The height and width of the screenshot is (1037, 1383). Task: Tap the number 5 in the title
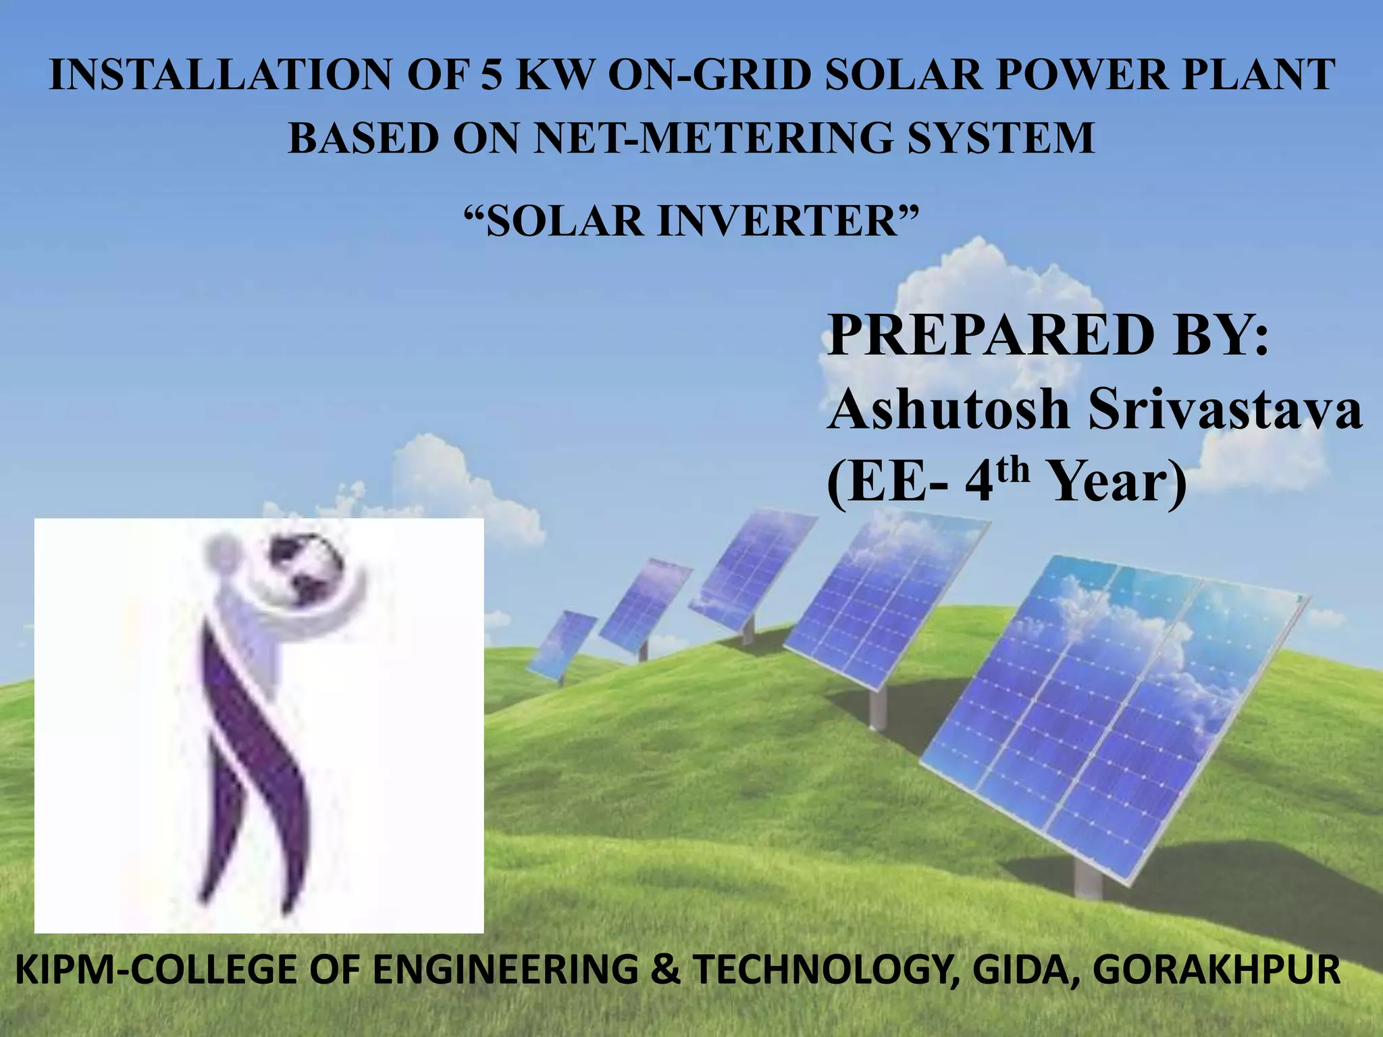pos(492,74)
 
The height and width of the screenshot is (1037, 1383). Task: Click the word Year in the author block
pos(1114,483)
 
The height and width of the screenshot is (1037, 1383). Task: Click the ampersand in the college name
pos(665,970)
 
